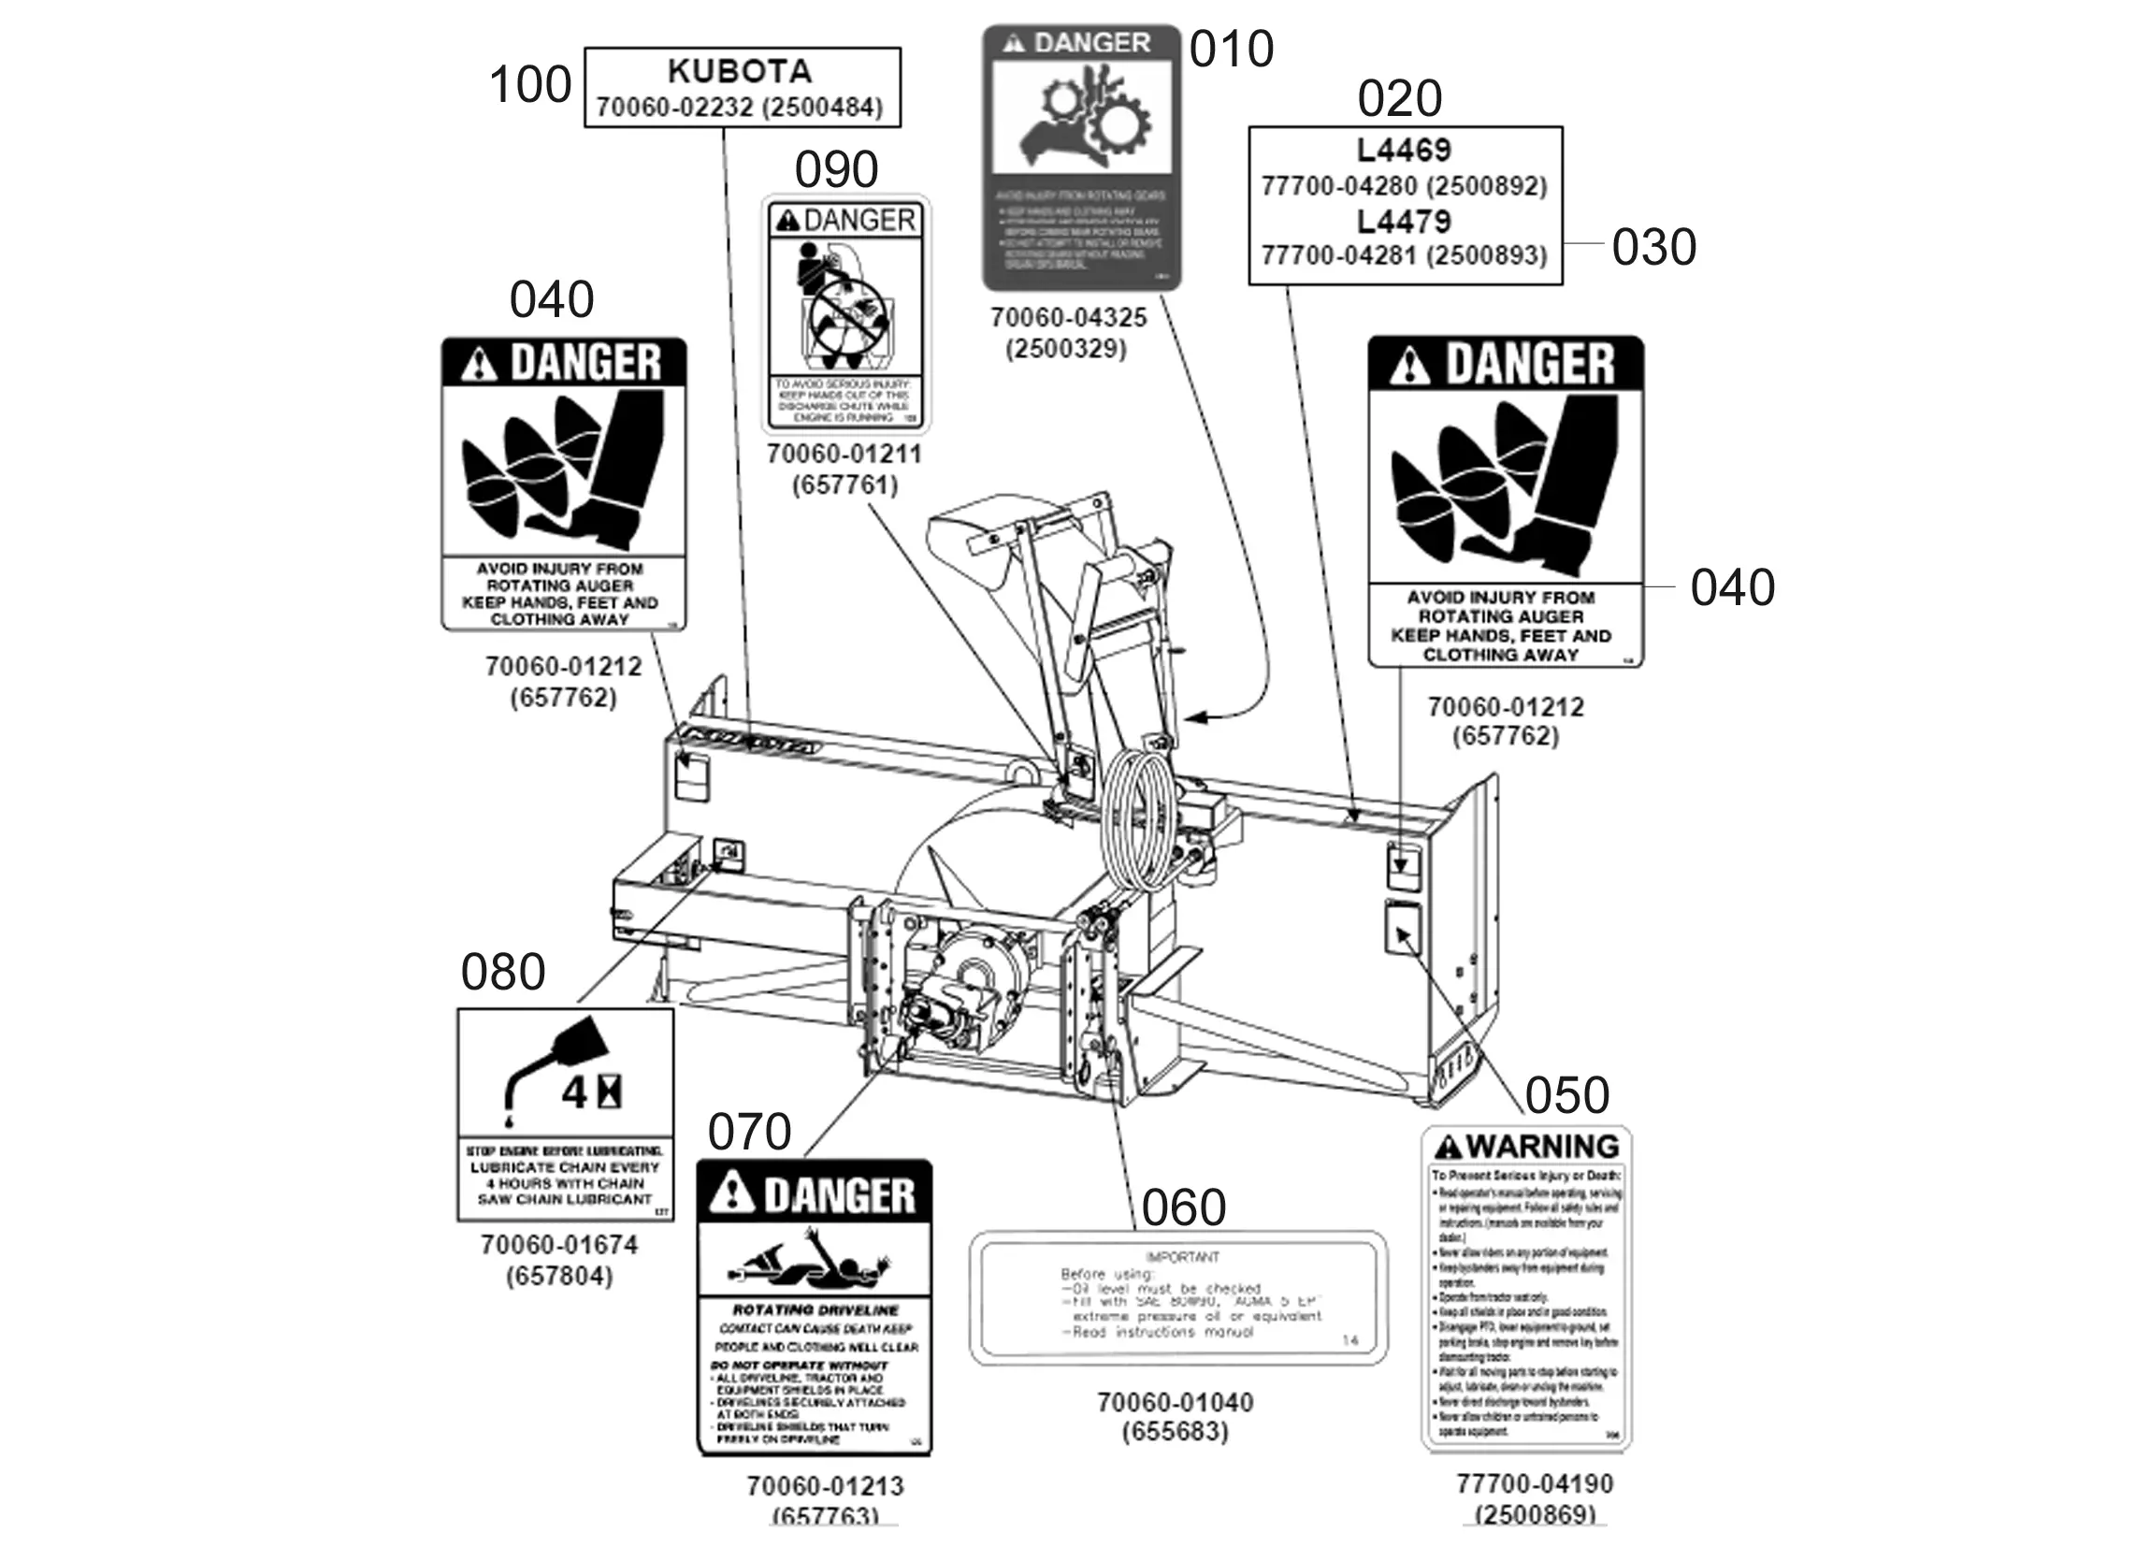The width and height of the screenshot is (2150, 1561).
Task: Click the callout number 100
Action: point(530,84)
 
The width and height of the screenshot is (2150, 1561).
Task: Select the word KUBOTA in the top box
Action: point(740,71)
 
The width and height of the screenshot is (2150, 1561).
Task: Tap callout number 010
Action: point(1231,50)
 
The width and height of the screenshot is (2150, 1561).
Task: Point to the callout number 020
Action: point(1399,98)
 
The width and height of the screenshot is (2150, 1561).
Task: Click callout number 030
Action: point(1653,247)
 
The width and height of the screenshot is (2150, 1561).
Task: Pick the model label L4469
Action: point(1404,150)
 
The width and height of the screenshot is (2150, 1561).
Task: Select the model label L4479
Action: point(1404,221)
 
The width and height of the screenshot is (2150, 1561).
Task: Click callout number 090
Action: point(836,171)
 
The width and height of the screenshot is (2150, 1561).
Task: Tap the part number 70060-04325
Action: point(1068,318)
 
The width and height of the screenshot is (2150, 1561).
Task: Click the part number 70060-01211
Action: point(844,455)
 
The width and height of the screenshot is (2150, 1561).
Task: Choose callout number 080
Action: point(502,972)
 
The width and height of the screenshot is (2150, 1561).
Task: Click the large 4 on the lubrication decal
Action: point(574,1093)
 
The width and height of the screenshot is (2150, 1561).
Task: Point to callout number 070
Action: point(749,1132)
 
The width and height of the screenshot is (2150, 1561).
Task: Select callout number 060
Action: point(1183,1208)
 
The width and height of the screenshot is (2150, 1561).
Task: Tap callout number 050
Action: point(1567,1095)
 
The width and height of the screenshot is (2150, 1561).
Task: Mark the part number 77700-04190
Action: point(1535,1483)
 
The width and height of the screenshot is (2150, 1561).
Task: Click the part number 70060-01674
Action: point(559,1244)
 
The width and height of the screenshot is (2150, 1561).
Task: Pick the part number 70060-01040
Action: point(1176,1402)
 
